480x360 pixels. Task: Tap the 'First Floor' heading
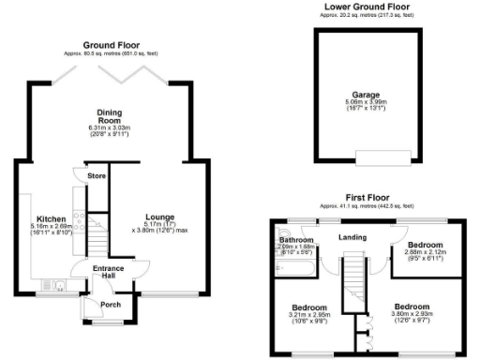[x=367, y=197]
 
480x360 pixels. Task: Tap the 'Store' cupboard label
[x=96, y=175]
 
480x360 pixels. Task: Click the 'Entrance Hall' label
[x=109, y=273]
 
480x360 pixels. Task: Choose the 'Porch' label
[x=111, y=304]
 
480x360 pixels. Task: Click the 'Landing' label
[x=352, y=236]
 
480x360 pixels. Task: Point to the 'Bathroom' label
[x=295, y=240]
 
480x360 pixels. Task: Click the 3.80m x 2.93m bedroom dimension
[x=412, y=316]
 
